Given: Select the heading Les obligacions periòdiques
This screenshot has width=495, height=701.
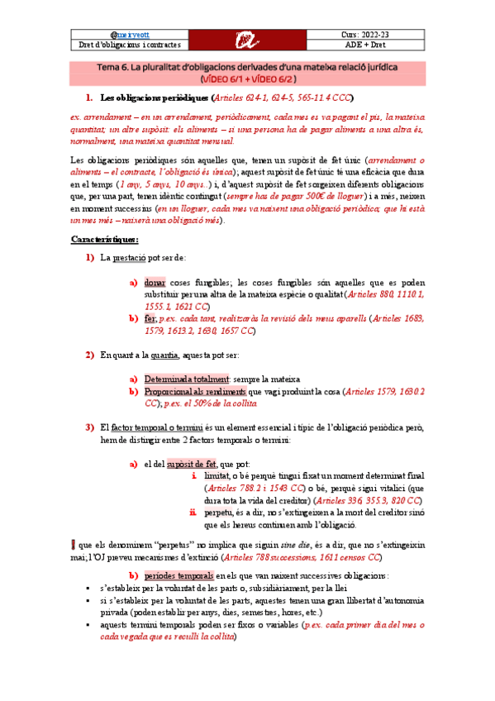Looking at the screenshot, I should click(x=154, y=97).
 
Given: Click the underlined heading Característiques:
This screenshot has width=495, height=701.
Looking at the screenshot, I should click(x=103, y=239).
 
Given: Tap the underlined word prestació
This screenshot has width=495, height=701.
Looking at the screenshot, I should click(x=131, y=259).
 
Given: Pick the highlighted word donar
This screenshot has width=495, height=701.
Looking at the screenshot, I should click(x=154, y=282).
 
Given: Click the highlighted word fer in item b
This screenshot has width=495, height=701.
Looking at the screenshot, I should click(x=149, y=317).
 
